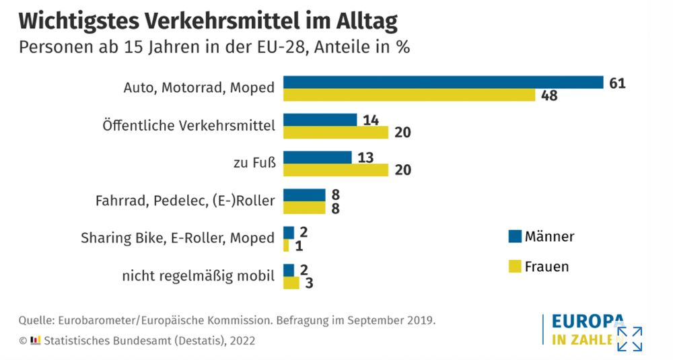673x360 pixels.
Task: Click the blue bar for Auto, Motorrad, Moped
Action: click(x=442, y=82)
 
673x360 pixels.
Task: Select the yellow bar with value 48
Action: click(x=409, y=95)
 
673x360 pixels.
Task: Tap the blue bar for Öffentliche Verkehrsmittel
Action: click(x=320, y=120)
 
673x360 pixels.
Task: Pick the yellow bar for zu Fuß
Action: click(x=335, y=170)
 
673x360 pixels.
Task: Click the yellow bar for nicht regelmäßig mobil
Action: click(x=291, y=283)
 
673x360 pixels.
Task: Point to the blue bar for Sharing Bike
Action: click(x=288, y=232)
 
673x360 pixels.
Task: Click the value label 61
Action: click(x=617, y=83)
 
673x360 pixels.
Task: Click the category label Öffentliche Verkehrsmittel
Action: click(x=188, y=125)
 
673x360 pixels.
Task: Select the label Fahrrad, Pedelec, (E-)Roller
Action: click(x=185, y=201)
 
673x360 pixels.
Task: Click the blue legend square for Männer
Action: click(x=515, y=236)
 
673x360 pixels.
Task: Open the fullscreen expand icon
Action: click(x=629, y=338)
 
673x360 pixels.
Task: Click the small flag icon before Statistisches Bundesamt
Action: click(x=36, y=340)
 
